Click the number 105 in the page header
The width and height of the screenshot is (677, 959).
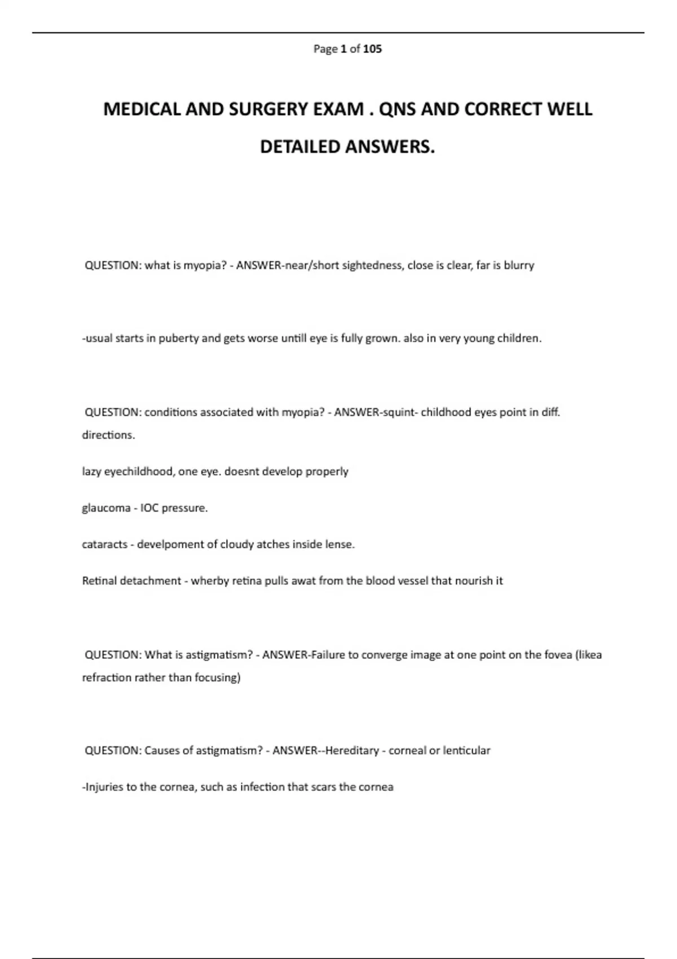click(372, 49)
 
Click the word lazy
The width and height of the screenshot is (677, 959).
click(91, 472)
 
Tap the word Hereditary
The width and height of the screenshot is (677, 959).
click(352, 751)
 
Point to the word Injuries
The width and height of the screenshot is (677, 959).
click(104, 788)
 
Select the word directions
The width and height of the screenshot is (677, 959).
click(108, 435)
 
